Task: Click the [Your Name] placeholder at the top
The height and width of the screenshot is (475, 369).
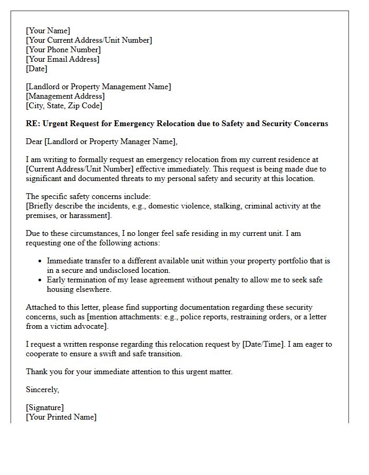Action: point(48,31)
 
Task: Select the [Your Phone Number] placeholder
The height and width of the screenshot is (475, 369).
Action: point(63,50)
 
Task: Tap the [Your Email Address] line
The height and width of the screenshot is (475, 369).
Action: point(63,59)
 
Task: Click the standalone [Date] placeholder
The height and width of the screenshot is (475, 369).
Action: point(36,69)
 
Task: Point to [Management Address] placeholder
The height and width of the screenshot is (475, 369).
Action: point(65,96)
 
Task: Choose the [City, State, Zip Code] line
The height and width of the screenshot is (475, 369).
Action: point(64,106)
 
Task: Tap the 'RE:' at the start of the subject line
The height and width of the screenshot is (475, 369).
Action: point(33,123)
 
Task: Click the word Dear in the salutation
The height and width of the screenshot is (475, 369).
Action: point(35,141)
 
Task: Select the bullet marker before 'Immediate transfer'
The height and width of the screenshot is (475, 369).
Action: point(41,261)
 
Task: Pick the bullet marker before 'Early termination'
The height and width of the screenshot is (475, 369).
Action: point(41,280)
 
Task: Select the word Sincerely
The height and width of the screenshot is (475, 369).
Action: point(43,389)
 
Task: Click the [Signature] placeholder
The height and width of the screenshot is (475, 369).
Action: point(45,407)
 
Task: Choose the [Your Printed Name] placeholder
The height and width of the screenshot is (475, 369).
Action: point(61,417)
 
